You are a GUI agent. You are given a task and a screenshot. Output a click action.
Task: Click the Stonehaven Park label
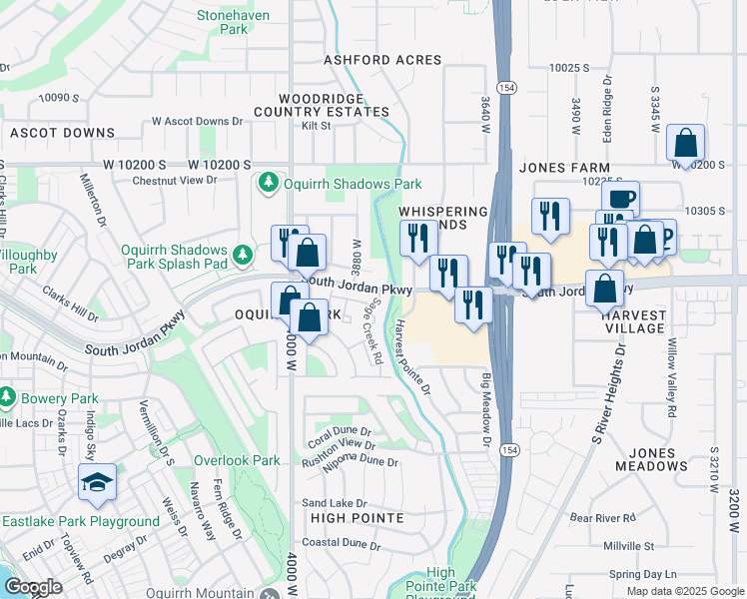[x=235, y=23]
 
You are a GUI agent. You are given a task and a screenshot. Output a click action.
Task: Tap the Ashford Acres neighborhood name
[x=382, y=60]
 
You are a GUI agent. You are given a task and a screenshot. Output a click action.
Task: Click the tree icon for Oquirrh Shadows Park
[x=268, y=183]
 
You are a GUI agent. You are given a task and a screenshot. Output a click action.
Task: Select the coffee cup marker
[x=620, y=198]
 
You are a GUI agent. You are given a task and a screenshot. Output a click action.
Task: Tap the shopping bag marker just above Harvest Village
[x=605, y=289]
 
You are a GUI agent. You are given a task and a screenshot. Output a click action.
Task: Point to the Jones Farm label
[x=556, y=168]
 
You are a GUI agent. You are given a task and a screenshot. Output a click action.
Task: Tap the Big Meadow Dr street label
[x=487, y=409]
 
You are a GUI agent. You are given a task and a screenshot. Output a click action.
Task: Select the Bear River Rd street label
[x=602, y=518]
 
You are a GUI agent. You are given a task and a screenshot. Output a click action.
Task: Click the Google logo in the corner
[x=33, y=587]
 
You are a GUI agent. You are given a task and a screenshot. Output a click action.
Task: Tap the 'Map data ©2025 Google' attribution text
[x=684, y=590]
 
